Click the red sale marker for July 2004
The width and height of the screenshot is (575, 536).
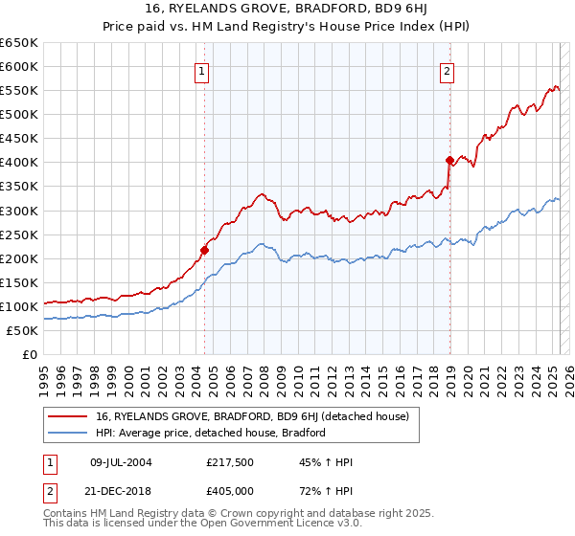(x=204, y=250)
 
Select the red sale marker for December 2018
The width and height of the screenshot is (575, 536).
(x=448, y=160)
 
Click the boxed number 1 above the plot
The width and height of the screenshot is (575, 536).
(x=203, y=69)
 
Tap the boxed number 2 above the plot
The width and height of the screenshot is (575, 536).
(x=448, y=69)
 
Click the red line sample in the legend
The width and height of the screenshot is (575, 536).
(x=69, y=416)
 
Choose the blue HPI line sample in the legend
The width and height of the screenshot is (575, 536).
(x=69, y=433)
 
